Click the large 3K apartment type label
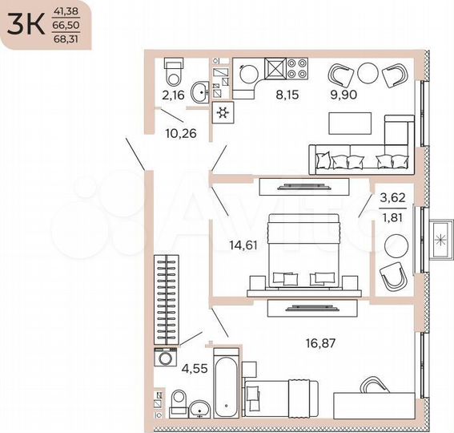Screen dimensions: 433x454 pos(25,25)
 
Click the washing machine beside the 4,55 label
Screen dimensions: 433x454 pos(166,358)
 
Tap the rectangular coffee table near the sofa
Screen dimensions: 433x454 pos(349,123)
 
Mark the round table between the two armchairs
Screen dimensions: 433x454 pos(368,74)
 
